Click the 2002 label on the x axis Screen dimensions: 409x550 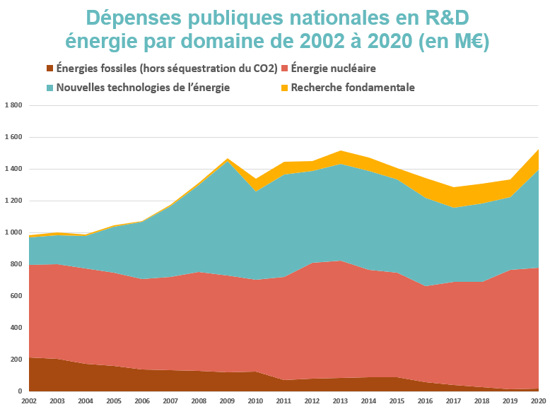tap(29, 401)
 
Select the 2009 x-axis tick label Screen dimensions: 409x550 tap(227, 401)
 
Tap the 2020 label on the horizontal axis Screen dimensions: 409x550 tap(538, 401)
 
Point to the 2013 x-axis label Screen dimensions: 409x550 tap(340, 401)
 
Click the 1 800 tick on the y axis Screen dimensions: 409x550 tap(14, 105)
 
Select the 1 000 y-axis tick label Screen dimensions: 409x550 tap(14, 232)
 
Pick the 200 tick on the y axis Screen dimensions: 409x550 tap(17, 360)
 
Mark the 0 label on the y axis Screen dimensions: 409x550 tap(21, 391)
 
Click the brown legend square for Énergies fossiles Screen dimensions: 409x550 tap(49, 69)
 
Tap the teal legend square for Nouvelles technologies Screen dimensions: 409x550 tap(49, 88)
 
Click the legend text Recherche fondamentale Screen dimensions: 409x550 tap(352, 88)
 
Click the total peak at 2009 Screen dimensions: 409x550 tap(227, 160)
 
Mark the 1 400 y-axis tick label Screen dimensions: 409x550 tap(14, 169)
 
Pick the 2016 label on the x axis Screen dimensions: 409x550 tap(425, 401)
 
